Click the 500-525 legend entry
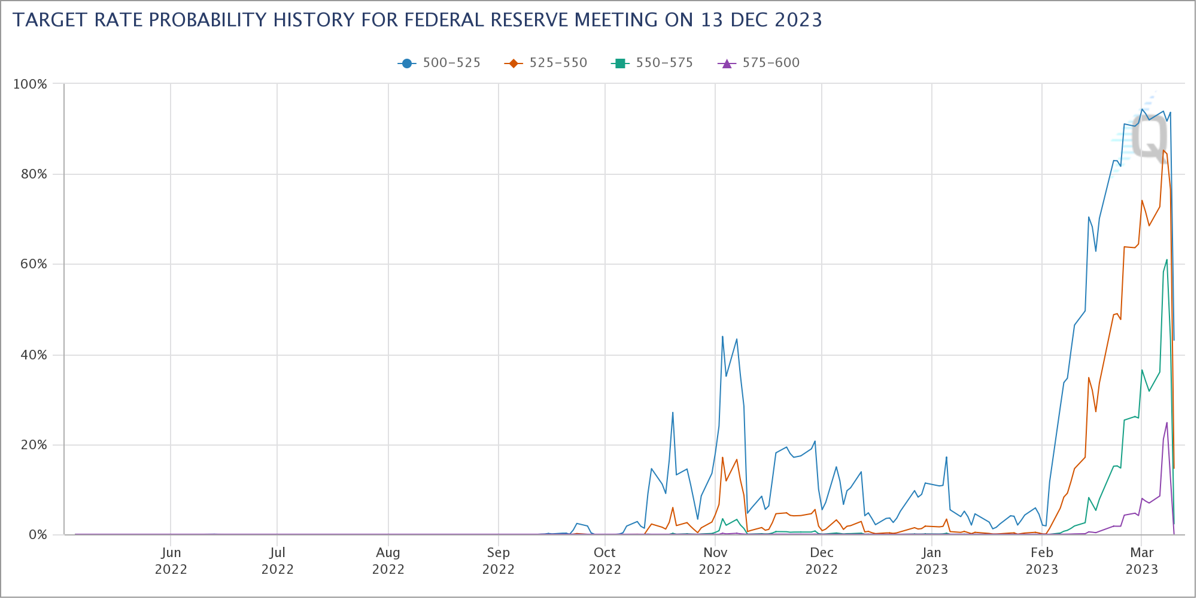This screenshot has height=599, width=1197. coord(439,63)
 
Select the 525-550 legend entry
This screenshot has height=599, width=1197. coord(546,63)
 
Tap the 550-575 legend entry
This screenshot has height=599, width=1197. coord(652,63)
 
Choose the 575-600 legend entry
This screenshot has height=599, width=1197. coord(759,63)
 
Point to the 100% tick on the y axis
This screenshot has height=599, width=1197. coord(30,84)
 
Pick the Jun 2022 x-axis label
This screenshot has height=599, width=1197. coord(171,561)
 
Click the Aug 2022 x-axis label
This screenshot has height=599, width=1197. coord(388,561)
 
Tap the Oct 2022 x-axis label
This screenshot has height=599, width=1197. coord(605,561)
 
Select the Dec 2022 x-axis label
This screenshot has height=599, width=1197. coord(822,561)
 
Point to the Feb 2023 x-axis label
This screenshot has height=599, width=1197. coord(1042,561)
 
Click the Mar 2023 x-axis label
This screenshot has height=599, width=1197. coord(1142,561)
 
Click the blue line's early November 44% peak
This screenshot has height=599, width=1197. coord(722,337)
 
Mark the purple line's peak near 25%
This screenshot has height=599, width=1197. coord(1166,423)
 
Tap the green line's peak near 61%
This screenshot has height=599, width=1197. coord(1166,260)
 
